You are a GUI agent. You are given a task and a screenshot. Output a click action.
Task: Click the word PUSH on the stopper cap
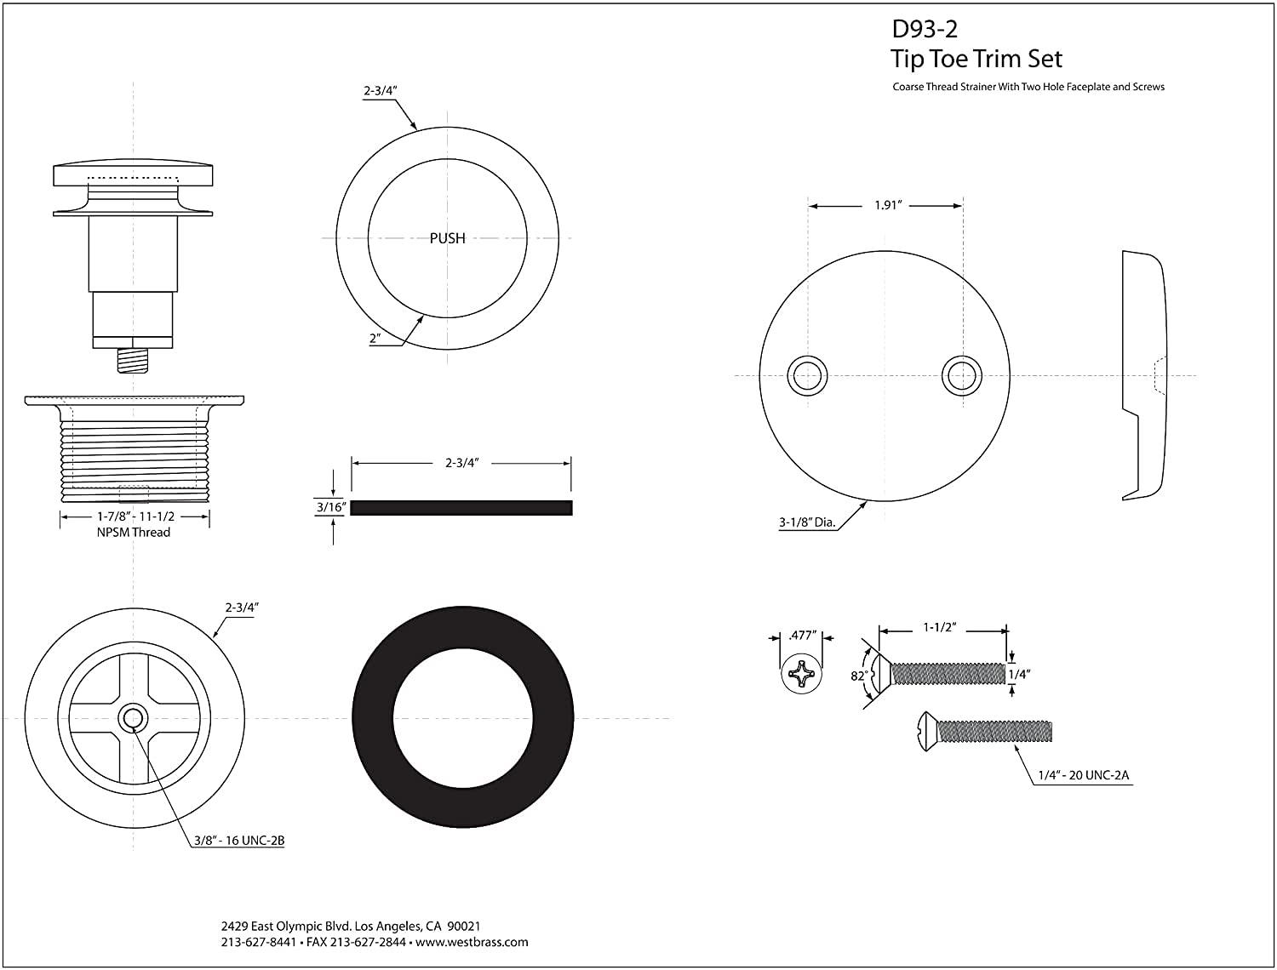click(x=447, y=238)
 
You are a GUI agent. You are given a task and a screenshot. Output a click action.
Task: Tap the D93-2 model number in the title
click(x=925, y=29)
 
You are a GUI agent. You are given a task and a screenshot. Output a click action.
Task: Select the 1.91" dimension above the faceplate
click(x=887, y=206)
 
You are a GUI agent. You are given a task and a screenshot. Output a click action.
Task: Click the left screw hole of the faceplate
click(x=806, y=375)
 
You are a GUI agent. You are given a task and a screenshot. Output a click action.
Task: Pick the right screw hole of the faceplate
click(x=960, y=375)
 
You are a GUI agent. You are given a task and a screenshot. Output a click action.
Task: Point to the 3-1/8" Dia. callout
click(x=806, y=523)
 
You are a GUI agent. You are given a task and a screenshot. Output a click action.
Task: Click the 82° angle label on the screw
click(x=859, y=676)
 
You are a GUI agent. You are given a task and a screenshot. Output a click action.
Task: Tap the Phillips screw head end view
click(x=802, y=676)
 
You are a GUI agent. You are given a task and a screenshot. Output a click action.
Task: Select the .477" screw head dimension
click(x=802, y=635)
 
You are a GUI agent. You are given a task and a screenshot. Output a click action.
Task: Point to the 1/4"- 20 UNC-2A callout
click(x=1083, y=775)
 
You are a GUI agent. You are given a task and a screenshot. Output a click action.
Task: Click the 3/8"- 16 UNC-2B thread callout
click(x=238, y=841)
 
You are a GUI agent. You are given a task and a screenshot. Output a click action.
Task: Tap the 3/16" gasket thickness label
click(x=329, y=508)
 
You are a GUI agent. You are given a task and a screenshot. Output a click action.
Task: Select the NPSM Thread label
click(x=135, y=533)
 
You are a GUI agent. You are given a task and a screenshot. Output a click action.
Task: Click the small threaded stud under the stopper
click(x=133, y=359)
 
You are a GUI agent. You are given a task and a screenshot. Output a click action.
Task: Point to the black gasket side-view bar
click(x=461, y=508)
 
